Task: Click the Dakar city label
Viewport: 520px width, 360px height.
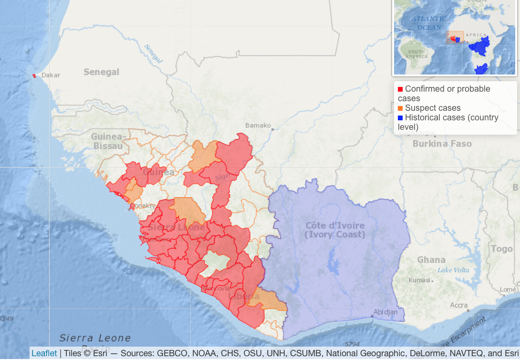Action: [x=51, y=75]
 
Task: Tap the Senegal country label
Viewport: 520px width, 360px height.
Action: [x=101, y=72]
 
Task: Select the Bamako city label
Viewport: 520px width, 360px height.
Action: [x=258, y=126]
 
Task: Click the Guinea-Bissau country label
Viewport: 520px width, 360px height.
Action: [x=108, y=141]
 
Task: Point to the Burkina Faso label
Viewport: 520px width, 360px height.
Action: [x=442, y=144]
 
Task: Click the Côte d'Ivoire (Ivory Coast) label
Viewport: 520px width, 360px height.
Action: [x=335, y=230]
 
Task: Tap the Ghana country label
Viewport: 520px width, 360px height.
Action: [x=431, y=260]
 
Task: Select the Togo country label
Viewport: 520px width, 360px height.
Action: [x=502, y=249]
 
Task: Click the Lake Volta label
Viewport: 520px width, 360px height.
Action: [x=453, y=270]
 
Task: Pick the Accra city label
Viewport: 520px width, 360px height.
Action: [x=458, y=305]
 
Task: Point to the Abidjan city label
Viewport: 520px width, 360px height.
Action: [x=385, y=312]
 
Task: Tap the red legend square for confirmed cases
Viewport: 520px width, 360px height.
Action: [x=400, y=89]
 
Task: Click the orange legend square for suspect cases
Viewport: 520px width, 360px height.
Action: [x=400, y=108]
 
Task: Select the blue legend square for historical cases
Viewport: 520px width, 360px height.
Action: [x=400, y=118]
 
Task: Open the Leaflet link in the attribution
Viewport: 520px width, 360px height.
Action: [x=44, y=353]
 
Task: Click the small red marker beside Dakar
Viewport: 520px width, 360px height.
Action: [x=34, y=76]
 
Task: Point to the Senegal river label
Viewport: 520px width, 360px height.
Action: [x=154, y=53]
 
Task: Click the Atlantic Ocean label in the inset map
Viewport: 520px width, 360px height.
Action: [x=428, y=23]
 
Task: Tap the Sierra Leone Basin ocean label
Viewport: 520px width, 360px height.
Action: [x=95, y=339]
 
